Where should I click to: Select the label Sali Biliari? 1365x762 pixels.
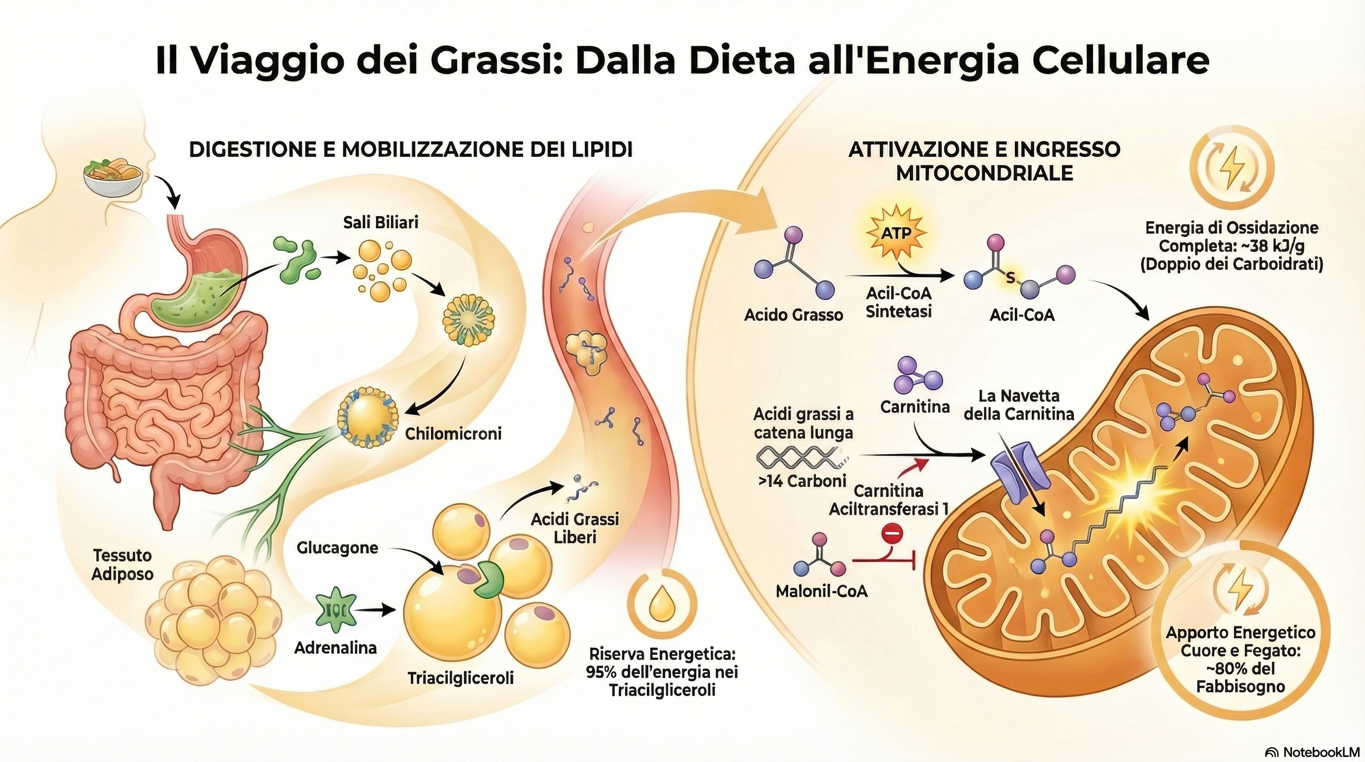click(x=380, y=222)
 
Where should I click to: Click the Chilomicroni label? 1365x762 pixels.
click(x=453, y=434)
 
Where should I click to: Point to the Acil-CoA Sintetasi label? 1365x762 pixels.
click(x=899, y=303)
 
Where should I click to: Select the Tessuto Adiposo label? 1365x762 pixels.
click(x=123, y=565)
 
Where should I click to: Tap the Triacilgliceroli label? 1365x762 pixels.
click(x=460, y=678)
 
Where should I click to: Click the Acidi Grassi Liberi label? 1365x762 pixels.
click(x=575, y=527)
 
